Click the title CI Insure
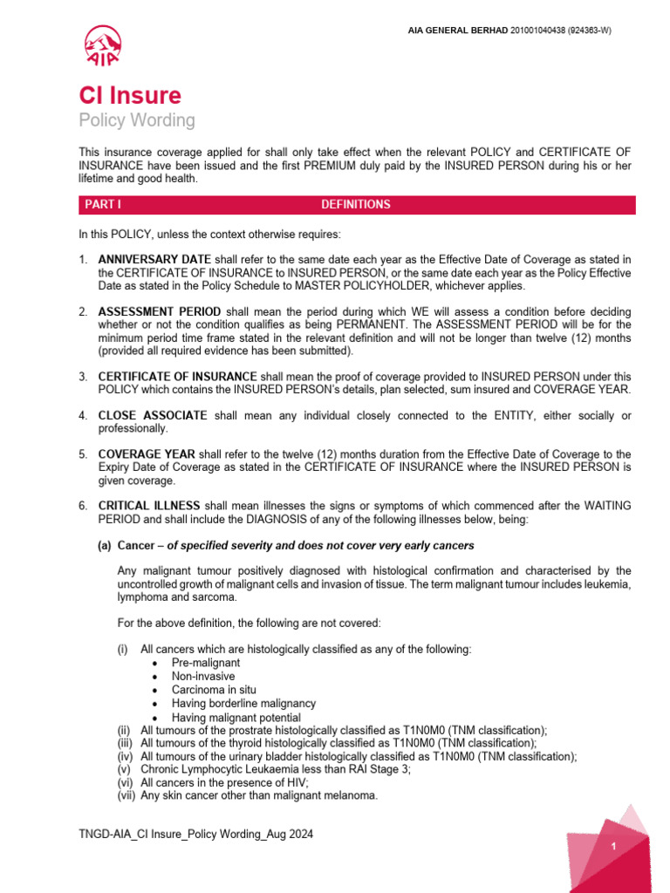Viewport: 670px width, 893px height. point(130,95)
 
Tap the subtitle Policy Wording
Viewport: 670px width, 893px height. point(137,120)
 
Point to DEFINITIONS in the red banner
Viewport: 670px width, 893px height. point(355,205)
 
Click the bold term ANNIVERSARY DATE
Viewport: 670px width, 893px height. point(154,260)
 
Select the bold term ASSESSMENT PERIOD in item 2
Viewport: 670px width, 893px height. point(161,312)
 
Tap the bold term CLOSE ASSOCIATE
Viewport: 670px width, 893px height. point(153,416)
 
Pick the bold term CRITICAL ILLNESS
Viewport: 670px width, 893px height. point(149,507)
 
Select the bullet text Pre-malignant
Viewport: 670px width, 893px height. point(206,662)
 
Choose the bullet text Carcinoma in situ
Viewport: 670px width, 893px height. point(214,689)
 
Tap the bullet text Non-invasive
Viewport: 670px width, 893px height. point(201,676)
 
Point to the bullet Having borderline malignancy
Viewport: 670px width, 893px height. point(243,703)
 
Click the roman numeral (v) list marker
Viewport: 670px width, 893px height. point(126,769)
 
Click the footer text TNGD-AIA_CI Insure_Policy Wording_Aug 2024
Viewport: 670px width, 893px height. point(195,835)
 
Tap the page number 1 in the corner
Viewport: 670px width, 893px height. point(614,847)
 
